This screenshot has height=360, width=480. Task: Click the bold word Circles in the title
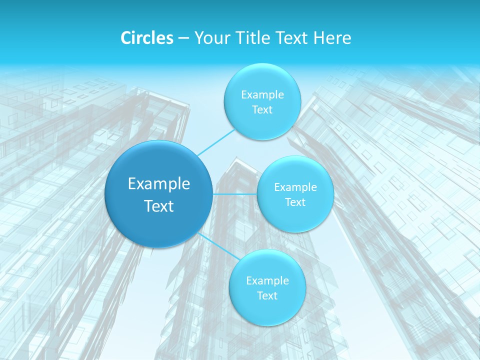pos(146,38)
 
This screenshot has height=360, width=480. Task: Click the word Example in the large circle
pos(159,184)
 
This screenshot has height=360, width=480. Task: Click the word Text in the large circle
pos(159,206)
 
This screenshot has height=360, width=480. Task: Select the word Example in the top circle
pos(262,95)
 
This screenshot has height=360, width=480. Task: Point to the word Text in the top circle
pos(262,110)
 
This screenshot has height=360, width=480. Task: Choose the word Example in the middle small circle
pos(295,187)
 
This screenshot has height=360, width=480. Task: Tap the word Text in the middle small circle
pos(295,202)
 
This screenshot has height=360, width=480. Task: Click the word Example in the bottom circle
pos(267,281)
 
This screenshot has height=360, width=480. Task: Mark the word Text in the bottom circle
pos(267,296)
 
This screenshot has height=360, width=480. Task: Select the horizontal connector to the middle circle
pos(235,194)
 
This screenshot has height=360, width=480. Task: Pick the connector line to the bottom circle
pos(219,246)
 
